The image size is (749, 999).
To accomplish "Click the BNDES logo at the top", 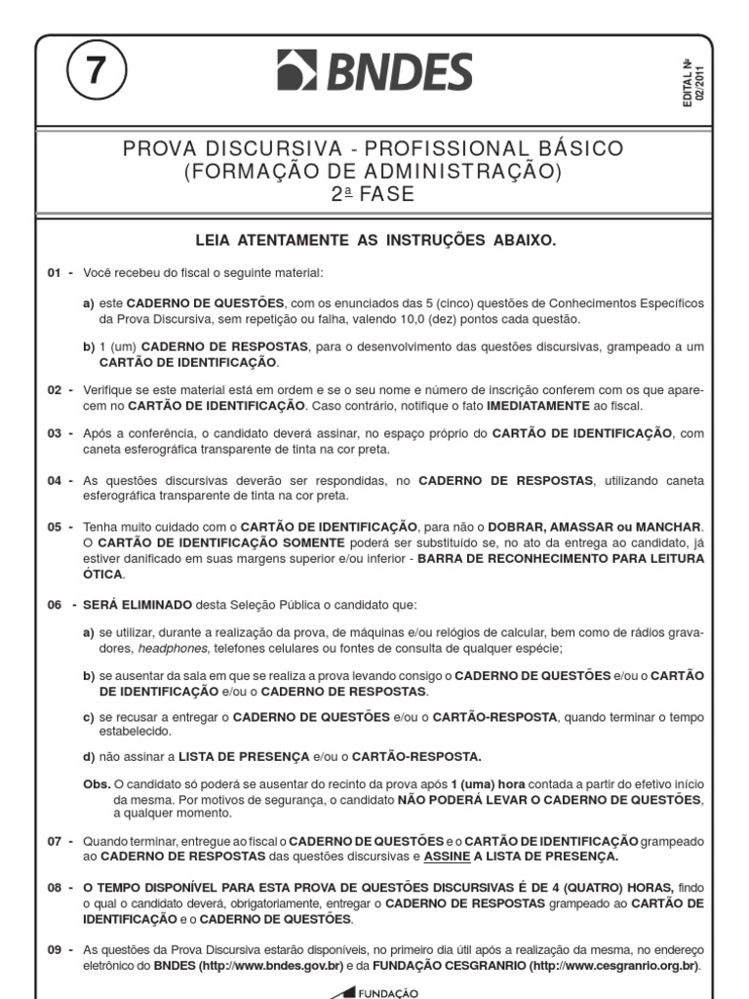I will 374,72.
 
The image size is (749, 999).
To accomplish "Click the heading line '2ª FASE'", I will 374,194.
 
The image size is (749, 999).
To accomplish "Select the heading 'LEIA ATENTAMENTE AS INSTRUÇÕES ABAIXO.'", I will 375,240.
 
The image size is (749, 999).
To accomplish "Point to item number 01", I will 55,272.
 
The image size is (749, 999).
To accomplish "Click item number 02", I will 55,390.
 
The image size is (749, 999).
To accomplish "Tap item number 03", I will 55,433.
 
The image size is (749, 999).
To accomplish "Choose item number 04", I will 55,480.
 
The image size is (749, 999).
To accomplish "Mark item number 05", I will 55,527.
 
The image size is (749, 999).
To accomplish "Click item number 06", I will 55,605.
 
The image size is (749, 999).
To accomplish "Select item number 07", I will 55,841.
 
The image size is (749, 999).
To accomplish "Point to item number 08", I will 55,888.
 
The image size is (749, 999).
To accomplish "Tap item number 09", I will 55,949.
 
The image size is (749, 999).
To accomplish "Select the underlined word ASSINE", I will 448,857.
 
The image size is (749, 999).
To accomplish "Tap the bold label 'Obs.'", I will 98,784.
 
